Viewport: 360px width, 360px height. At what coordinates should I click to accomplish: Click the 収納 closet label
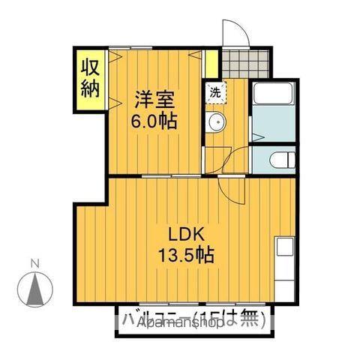91,79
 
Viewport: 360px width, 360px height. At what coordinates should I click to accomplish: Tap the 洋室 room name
156,99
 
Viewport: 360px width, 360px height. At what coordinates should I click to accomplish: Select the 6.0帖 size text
156,121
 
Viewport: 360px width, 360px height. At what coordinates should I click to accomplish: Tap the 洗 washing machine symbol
214,93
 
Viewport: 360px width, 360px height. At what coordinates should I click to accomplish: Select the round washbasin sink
215,123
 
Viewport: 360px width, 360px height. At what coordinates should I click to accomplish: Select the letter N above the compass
34,262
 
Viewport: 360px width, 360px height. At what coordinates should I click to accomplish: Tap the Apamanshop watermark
172,324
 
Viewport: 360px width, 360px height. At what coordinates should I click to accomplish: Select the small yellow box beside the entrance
211,61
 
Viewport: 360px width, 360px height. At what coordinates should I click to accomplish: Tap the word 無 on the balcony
251,318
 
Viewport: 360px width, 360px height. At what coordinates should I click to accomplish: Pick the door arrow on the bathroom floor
256,137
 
